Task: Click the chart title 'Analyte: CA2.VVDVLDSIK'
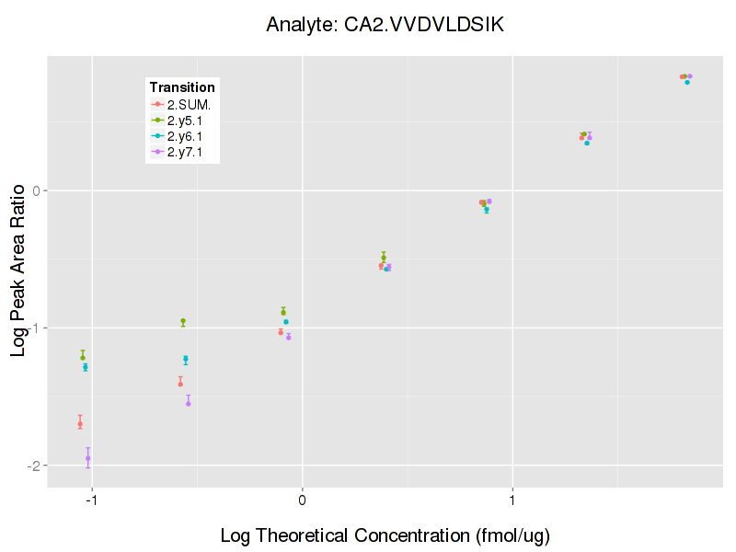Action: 385,25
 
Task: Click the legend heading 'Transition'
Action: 182,87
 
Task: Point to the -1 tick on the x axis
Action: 92,499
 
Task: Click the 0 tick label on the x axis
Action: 302,499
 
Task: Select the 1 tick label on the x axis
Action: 512,499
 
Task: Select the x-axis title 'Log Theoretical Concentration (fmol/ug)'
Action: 385,535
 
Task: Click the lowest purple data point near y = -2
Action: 88,458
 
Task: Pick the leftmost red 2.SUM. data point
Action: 80,424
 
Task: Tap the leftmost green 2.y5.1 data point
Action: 83,357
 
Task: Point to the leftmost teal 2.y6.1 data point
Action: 86,367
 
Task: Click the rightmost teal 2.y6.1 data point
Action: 687,82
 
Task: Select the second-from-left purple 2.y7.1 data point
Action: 189,403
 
